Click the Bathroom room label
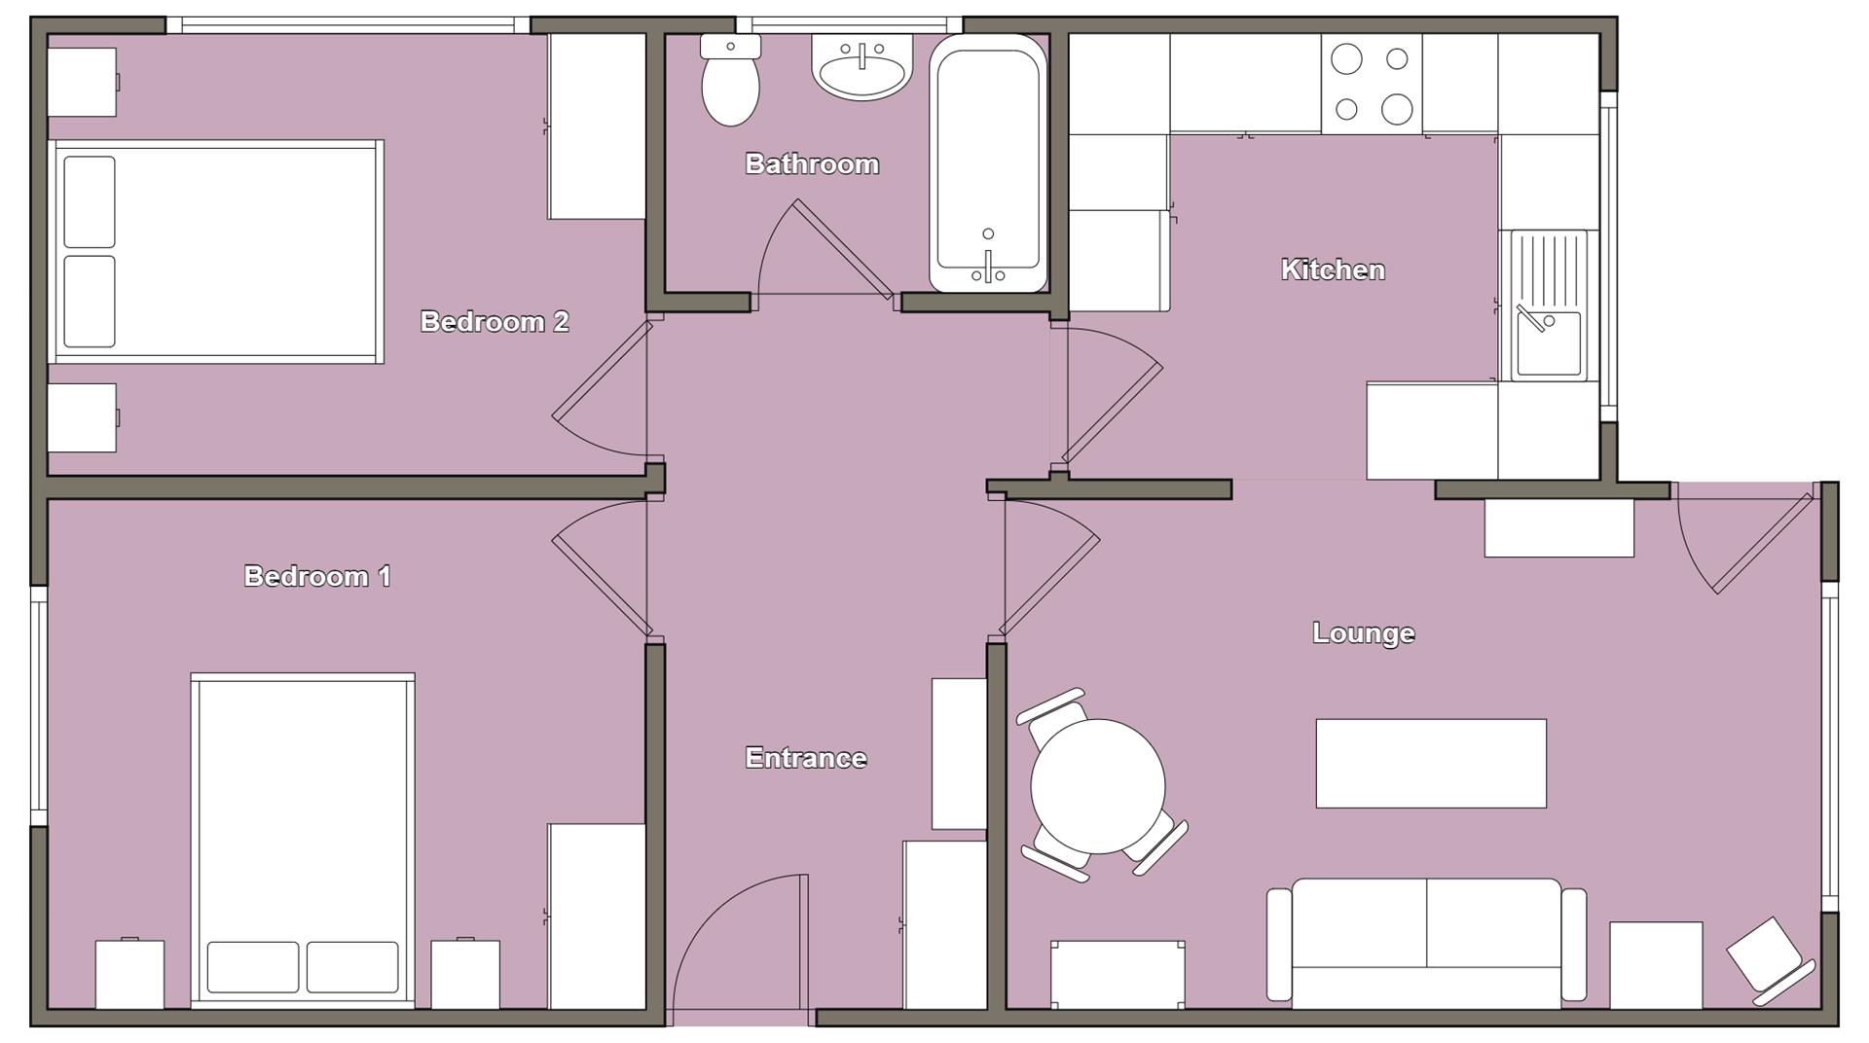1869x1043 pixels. (812, 163)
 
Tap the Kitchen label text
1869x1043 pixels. (1333, 270)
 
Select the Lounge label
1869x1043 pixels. (1363, 633)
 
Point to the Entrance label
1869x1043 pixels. (805, 758)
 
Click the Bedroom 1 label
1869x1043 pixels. (317, 576)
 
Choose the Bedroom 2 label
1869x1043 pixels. (495, 321)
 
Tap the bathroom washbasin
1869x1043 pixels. (861, 69)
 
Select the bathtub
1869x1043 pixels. (987, 163)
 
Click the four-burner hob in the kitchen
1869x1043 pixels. (1372, 84)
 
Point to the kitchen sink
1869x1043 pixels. (1548, 305)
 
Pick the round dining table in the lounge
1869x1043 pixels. (1098, 785)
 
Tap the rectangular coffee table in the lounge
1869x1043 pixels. (1431, 763)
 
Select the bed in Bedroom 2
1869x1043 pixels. (216, 252)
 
